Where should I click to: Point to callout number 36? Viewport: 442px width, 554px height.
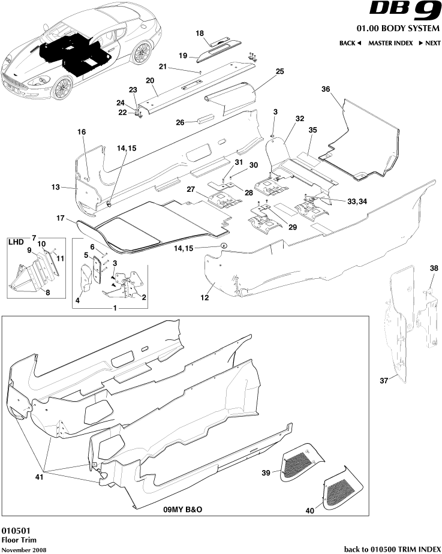click(326, 89)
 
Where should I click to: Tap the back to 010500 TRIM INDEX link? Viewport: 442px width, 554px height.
click(392, 549)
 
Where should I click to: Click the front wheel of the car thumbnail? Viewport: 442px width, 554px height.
click(62, 88)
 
